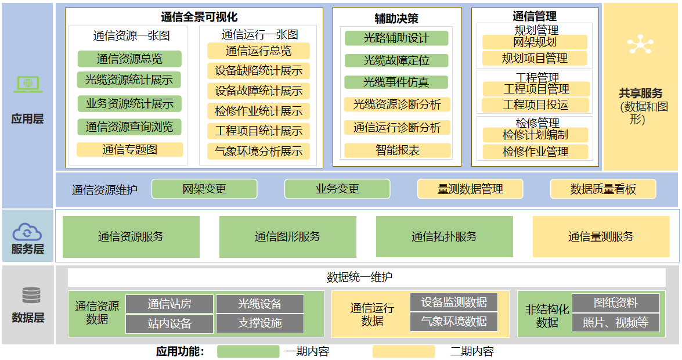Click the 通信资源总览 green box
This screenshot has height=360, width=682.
129,59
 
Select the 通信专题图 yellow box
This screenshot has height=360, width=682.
129,150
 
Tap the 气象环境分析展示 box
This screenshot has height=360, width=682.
258,151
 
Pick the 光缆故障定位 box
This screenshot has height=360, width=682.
396,60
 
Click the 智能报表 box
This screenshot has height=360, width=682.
397,150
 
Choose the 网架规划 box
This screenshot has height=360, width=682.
535,42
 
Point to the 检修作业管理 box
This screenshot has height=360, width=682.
535,152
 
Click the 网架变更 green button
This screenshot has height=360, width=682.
204,189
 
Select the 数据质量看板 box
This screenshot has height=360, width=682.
603,189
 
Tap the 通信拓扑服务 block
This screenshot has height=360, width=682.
444,237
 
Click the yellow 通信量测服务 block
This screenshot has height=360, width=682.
601,237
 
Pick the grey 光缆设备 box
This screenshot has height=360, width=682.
259,304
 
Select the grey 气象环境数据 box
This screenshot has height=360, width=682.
454,322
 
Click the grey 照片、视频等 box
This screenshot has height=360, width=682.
615,323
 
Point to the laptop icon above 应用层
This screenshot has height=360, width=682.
28,84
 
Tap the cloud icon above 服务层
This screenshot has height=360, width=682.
27,232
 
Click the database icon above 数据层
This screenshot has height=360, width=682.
31,295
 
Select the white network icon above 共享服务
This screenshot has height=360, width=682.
640,44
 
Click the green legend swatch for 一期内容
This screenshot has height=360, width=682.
248,351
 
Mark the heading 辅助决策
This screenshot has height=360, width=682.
396,18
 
